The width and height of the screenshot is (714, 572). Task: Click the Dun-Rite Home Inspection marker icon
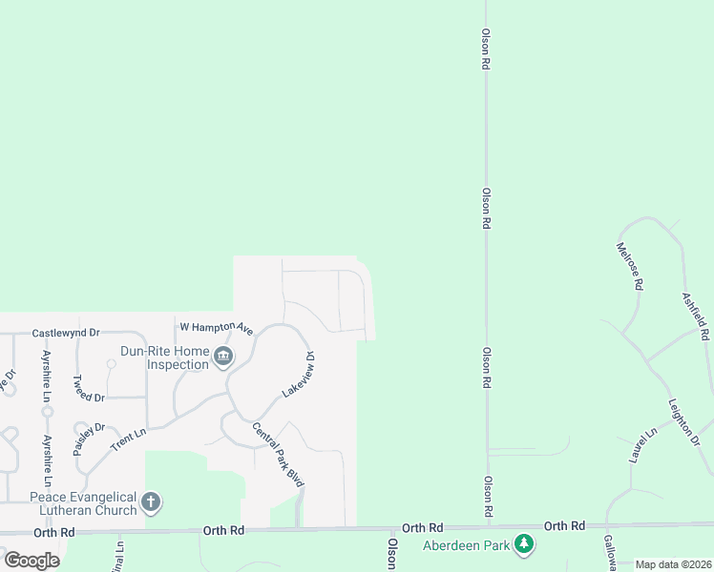223,357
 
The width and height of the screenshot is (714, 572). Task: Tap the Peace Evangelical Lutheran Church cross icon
150,501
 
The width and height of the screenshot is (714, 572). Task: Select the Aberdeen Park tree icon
523,545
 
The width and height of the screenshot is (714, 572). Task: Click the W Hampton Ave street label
216,328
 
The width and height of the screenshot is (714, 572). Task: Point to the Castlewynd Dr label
66,334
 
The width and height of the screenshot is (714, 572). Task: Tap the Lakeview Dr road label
298,375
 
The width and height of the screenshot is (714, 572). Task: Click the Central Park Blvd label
278,455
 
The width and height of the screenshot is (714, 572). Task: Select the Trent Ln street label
127,439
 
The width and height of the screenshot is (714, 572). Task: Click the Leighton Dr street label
683,420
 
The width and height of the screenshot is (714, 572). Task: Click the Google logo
31,561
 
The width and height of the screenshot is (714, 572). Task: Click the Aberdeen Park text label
468,546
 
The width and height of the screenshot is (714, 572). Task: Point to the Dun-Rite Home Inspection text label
164,357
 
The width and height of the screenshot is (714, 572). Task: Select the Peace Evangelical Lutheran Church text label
84,503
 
